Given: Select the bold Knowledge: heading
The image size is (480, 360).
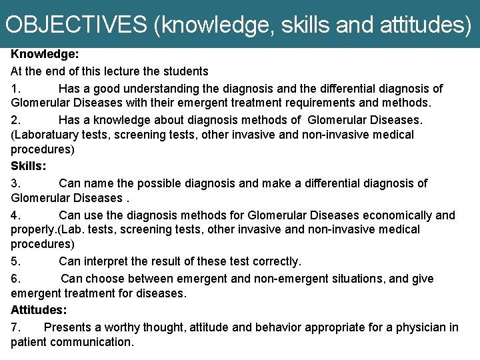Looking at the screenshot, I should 45,55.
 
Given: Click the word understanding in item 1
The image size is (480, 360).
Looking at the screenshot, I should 156,89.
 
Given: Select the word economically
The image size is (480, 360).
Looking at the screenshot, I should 393,215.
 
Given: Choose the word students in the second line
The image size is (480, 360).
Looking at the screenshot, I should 185,71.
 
